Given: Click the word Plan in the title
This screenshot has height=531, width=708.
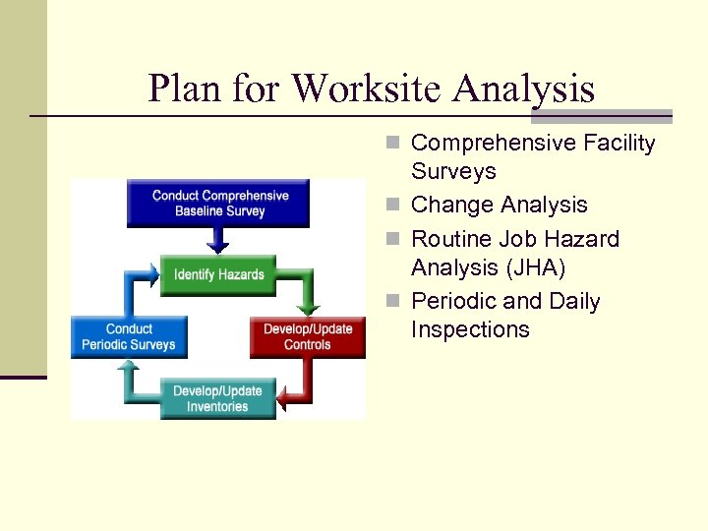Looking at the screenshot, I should point(188,88).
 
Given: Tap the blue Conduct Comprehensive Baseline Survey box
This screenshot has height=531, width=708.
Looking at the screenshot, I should point(219,203).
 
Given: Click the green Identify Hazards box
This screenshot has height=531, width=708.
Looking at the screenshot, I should point(218,274).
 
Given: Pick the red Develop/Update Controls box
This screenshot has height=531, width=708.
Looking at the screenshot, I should point(307,336).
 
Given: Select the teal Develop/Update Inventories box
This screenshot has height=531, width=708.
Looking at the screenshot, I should point(217,398).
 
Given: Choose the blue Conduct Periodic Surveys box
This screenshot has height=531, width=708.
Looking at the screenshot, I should point(128,336).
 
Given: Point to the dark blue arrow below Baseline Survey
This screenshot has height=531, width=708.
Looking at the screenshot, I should point(218,239).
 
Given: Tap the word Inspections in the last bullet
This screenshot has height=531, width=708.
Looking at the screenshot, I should point(470,329).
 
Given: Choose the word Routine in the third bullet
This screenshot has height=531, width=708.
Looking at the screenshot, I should point(450,239).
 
